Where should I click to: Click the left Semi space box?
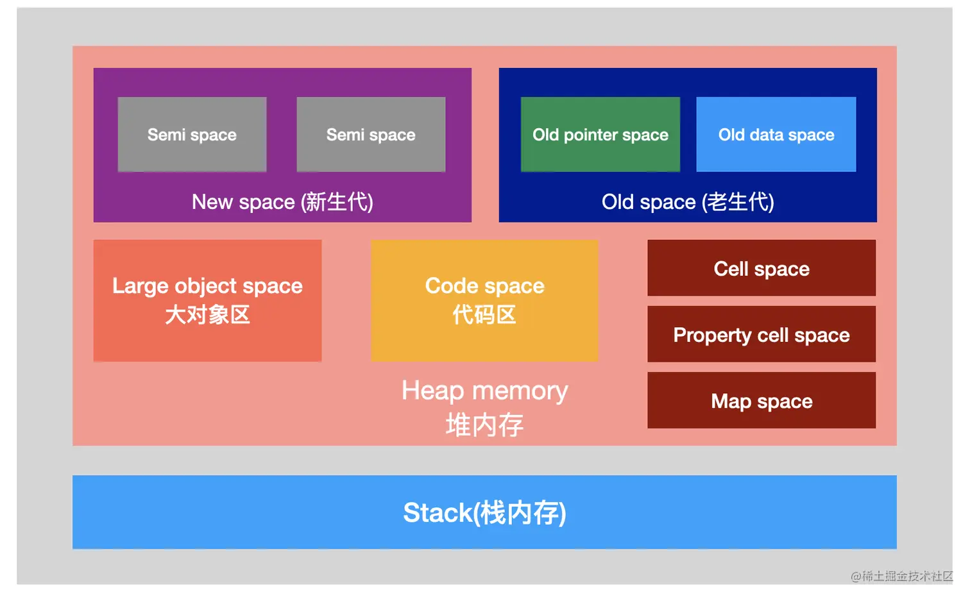pyautogui.click(x=192, y=134)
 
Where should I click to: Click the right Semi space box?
pyautogui.click(x=371, y=134)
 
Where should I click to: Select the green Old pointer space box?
pyautogui.click(x=600, y=134)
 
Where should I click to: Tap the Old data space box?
pyautogui.click(x=776, y=134)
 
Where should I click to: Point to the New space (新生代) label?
pyautogui.click(x=282, y=202)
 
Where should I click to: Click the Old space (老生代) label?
pyautogui.click(x=688, y=202)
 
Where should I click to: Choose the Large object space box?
pyautogui.click(x=207, y=300)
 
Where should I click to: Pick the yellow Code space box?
pyautogui.click(x=484, y=300)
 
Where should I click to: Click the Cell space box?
pyautogui.click(x=762, y=268)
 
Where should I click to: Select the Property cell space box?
pyautogui.click(x=762, y=334)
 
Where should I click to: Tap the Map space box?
pyautogui.click(x=762, y=400)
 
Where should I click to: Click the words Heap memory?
pyautogui.click(x=484, y=391)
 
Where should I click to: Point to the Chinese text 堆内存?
pyautogui.click(x=484, y=425)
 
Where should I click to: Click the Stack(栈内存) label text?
pyautogui.click(x=484, y=513)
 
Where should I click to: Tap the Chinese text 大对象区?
pyautogui.click(x=207, y=315)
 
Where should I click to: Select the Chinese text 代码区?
pyautogui.click(x=484, y=315)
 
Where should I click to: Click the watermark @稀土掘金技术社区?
pyautogui.click(x=902, y=576)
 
